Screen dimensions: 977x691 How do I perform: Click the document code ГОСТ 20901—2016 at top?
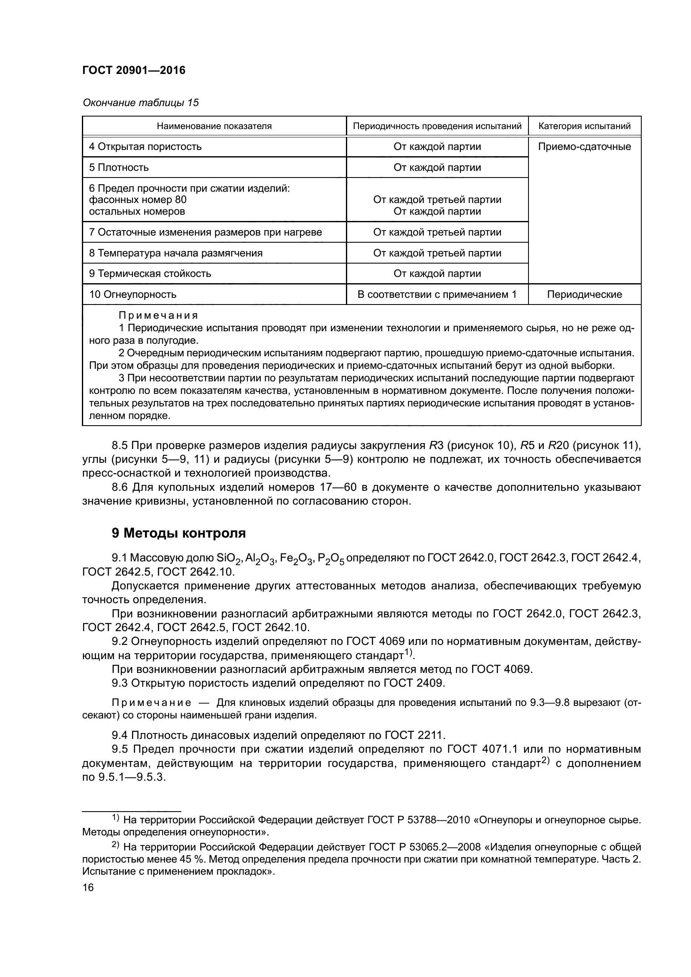coord(134,71)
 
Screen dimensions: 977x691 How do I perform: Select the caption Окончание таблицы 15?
coord(140,103)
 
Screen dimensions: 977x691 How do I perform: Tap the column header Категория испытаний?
coord(584,126)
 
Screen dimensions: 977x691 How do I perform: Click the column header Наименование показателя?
coord(214,126)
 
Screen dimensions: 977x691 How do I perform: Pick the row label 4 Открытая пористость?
coord(145,147)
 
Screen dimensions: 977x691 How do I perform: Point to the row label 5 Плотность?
coord(119,167)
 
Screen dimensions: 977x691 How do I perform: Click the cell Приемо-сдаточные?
coord(584,147)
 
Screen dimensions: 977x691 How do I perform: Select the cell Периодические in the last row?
coord(584,294)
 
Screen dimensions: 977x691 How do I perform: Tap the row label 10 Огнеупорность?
coord(132,294)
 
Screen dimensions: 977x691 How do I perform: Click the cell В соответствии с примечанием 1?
coord(437,294)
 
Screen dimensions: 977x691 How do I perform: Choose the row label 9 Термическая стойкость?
coord(150,274)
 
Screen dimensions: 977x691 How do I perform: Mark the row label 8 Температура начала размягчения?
coord(175,253)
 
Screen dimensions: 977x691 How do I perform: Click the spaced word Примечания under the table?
coord(158,316)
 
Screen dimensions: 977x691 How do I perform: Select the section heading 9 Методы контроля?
coord(179,533)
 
